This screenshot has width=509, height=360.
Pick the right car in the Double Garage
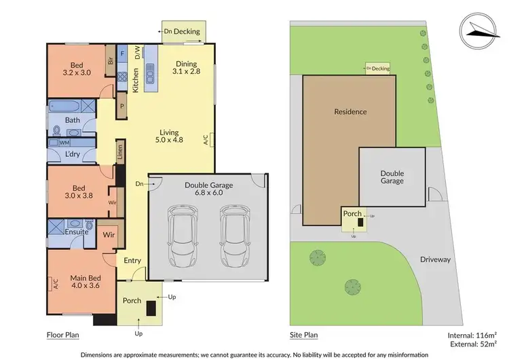click(x=233, y=237)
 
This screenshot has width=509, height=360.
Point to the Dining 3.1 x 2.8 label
click(x=187, y=65)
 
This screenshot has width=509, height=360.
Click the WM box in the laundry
click(x=64, y=143)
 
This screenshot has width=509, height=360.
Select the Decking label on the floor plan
click(x=186, y=31)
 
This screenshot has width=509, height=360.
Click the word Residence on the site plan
click(x=350, y=111)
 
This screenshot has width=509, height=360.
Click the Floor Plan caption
click(x=65, y=335)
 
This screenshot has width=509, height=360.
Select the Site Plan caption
click(x=301, y=335)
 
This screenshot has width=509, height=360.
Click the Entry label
click(x=132, y=259)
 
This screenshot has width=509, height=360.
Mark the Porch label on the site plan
click(x=353, y=213)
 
